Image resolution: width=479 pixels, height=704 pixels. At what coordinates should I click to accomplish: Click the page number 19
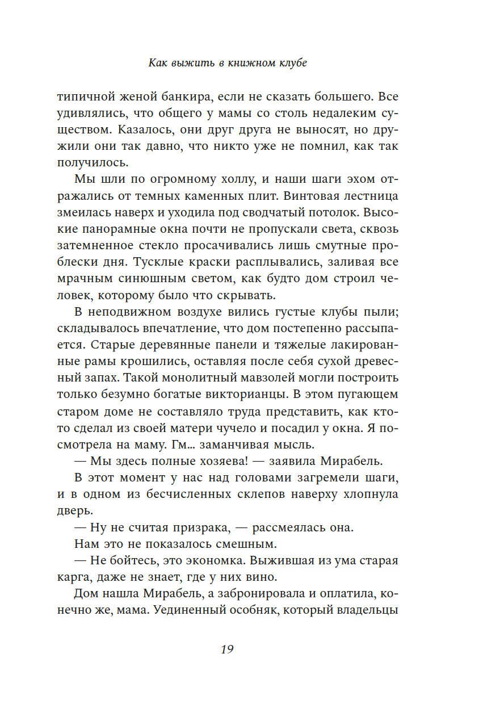coord(227,650)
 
